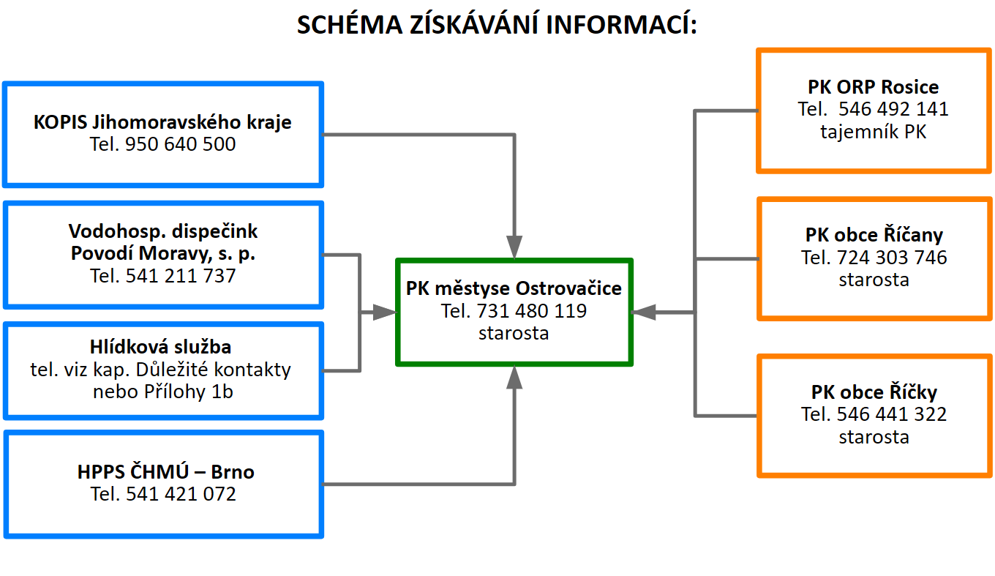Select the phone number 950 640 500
click(x=181, y=144)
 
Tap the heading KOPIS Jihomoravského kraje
click(x=162, y=121)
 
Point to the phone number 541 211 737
click(x=181, y=276)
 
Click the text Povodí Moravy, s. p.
click(x=162, y=254)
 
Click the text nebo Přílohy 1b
click(x=162, y=392)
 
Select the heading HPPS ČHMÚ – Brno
click(x=165, y=472)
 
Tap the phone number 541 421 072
click(x=181, y=494)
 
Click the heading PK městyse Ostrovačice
click(x=514, y=288)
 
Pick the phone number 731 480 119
click(x=531, y=310)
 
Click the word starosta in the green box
click(x=514, y=333)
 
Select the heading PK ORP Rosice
click(x=873, y=87)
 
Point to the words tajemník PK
click(x=873, y=132)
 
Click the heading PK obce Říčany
click(x=874, y=235)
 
